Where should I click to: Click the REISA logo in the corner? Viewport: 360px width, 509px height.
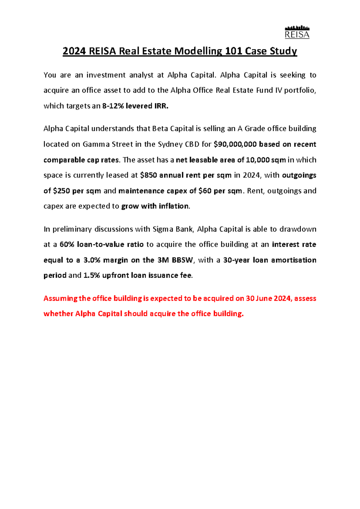(297, 32)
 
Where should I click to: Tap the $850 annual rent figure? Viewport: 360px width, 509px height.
(148, 175)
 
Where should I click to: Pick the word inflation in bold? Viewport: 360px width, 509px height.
(174, 206)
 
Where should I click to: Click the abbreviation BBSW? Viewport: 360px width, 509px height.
(182, 260)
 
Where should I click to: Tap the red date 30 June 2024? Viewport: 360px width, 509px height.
(268, 299)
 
